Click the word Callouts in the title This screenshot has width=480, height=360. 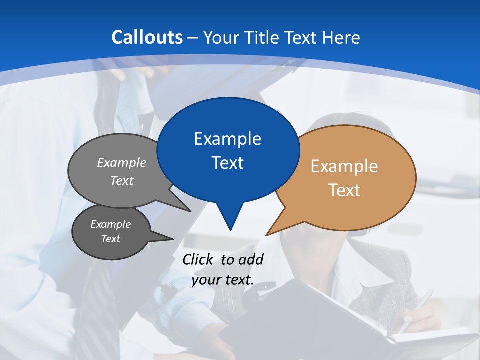pyautogui.click(x=147, y=37)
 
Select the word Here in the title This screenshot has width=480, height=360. pyautogui.click(x=342, y=38)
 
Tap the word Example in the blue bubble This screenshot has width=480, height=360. pyautogui.click(x=227, y=139)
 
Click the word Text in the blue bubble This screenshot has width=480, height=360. pyautogui.click(x=227, y=163)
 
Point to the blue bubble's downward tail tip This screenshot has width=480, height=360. pyautogui.click(x=230, y=230)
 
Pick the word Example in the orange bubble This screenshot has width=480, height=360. pyautogui.click(x=344, y=166)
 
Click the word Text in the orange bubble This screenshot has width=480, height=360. pyautogui.click(x=344, y=190)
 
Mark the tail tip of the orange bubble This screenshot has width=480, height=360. pyautogui.click(x=266, y=235)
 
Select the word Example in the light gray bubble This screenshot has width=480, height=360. pyautogui.click(x=122, y=163)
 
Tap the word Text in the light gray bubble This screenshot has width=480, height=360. pyautogui.click(x=122, y=181)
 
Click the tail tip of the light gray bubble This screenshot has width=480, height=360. pyautogui.click(x=191, y=212)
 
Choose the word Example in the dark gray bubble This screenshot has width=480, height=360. pyautogui.click(x=110, y=224)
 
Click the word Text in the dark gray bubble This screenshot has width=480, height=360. pyautogui.click(x=110, y=239)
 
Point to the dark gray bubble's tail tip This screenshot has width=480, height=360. pyautogui.click(x=173, y=239)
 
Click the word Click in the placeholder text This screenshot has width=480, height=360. pyautogui.click(x=199, y=259)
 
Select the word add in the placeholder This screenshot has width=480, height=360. pyautogui.click(x=251, y=259)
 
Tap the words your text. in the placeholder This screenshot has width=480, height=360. pyautogui.click(x=223, y=280)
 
